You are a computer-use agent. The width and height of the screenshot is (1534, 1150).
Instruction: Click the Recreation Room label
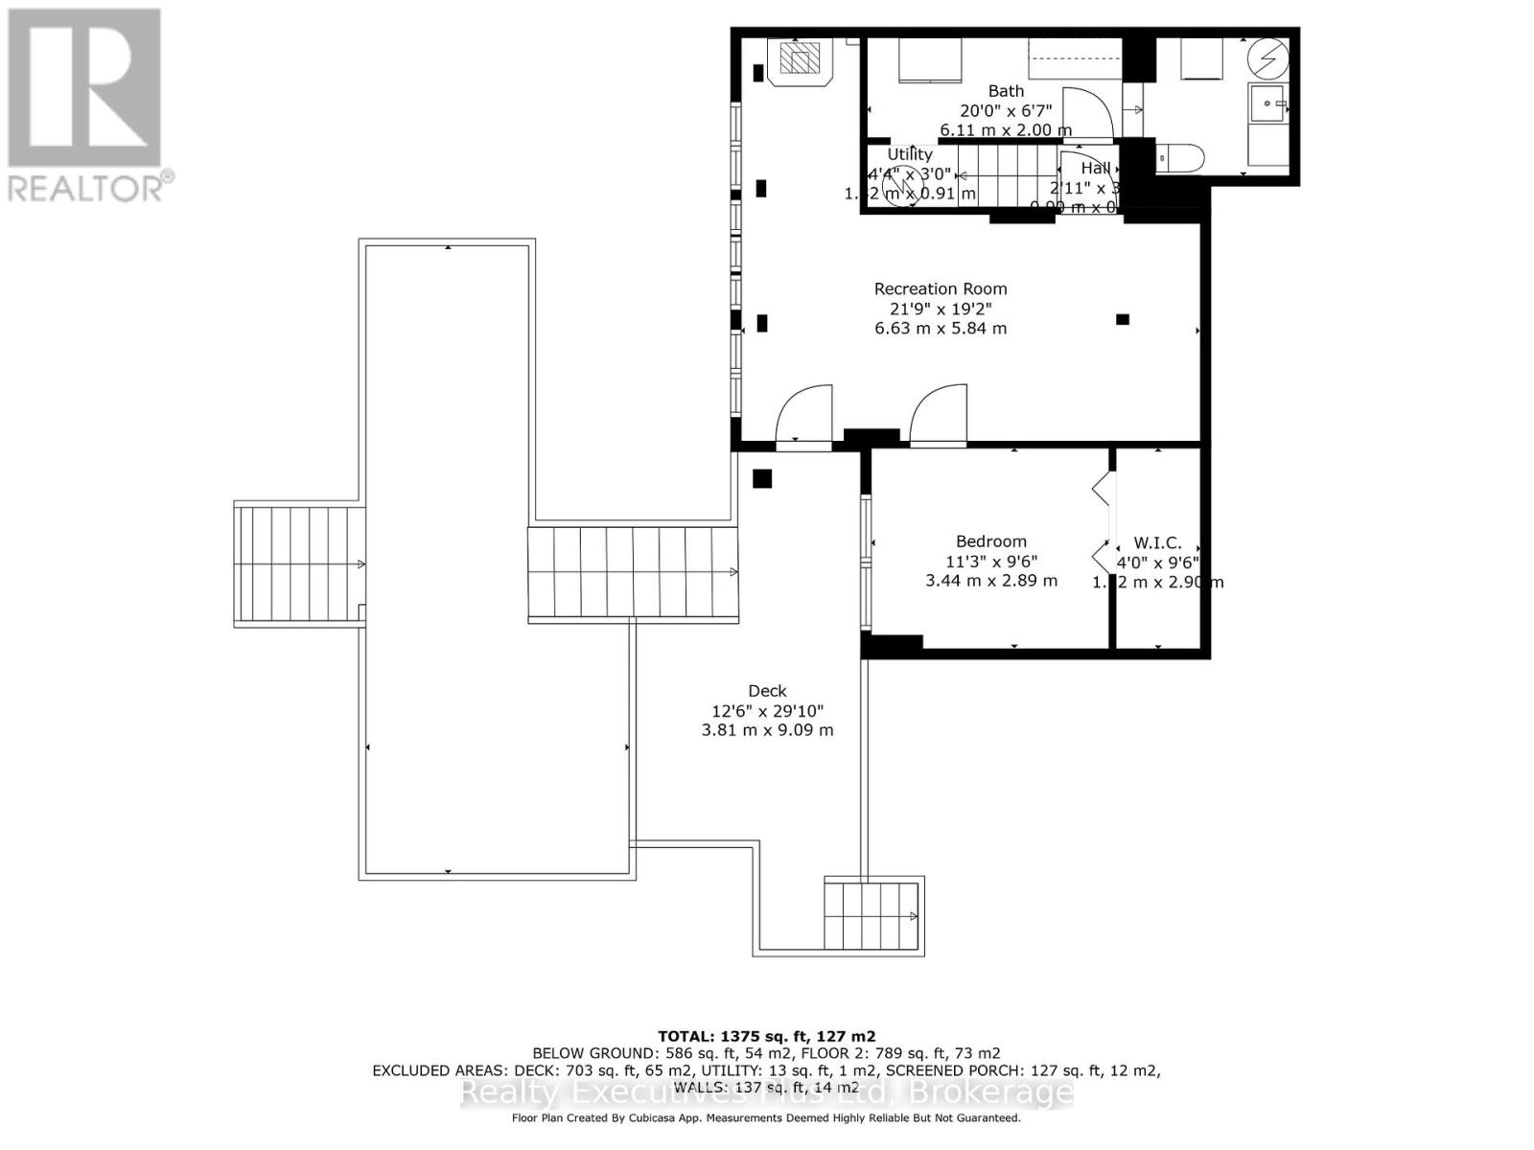coord(940,288)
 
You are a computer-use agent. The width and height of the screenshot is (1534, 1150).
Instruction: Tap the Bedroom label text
coord(990,541)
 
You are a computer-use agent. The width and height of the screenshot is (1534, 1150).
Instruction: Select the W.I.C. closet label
coord(1157,543)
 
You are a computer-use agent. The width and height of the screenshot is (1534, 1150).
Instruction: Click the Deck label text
coord(767,691)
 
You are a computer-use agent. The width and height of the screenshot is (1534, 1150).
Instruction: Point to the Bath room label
coord(1006,91)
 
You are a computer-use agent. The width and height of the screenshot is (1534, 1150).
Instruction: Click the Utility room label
coord(909,154)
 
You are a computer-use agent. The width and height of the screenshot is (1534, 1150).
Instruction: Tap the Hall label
coord(1095,169)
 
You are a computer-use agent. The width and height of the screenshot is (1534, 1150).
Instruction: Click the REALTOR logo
coord(86,105)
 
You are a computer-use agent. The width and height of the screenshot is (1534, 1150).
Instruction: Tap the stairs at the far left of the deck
coord(298,566)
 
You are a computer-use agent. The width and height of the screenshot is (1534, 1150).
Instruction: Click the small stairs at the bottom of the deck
coord(871,915)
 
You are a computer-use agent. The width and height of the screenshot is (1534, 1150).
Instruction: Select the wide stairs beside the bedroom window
coord(633,573)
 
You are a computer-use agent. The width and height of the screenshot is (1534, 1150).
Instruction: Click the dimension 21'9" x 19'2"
coord(940,309)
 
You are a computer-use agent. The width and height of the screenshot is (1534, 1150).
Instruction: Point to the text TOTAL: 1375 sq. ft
coord(766,1036)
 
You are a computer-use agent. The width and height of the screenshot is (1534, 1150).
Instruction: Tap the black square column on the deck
coord(762,478)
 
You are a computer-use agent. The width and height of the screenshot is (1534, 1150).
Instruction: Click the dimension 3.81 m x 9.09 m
coord(767,730)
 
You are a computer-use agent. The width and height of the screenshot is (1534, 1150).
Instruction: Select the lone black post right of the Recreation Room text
coord(1122,319)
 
